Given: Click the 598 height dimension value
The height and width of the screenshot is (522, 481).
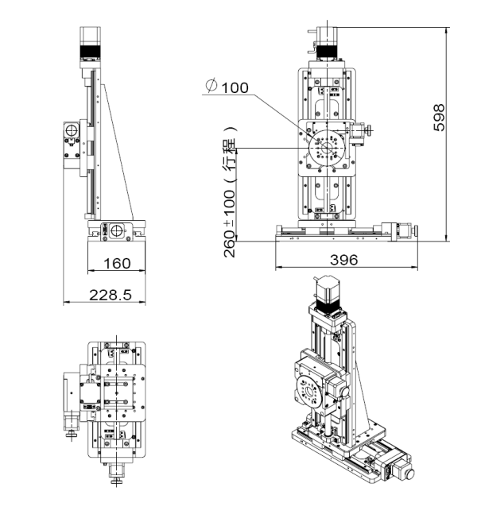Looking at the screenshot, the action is point(439,118).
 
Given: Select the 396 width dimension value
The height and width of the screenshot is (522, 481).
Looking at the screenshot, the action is point(343,260).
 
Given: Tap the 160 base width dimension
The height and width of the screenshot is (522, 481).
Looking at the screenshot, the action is point(117,264).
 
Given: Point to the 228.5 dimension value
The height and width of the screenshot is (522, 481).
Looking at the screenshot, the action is point(111,295).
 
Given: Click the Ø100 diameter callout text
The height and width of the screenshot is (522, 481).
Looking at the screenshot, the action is point(227,87).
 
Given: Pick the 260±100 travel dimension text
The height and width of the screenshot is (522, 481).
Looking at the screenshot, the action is point(229,223).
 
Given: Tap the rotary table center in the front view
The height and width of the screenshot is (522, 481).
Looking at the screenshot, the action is point(327,147).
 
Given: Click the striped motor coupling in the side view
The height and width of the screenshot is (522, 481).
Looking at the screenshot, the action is point(90,52).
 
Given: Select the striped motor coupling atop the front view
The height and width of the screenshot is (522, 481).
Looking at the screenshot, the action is point(327,52).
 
